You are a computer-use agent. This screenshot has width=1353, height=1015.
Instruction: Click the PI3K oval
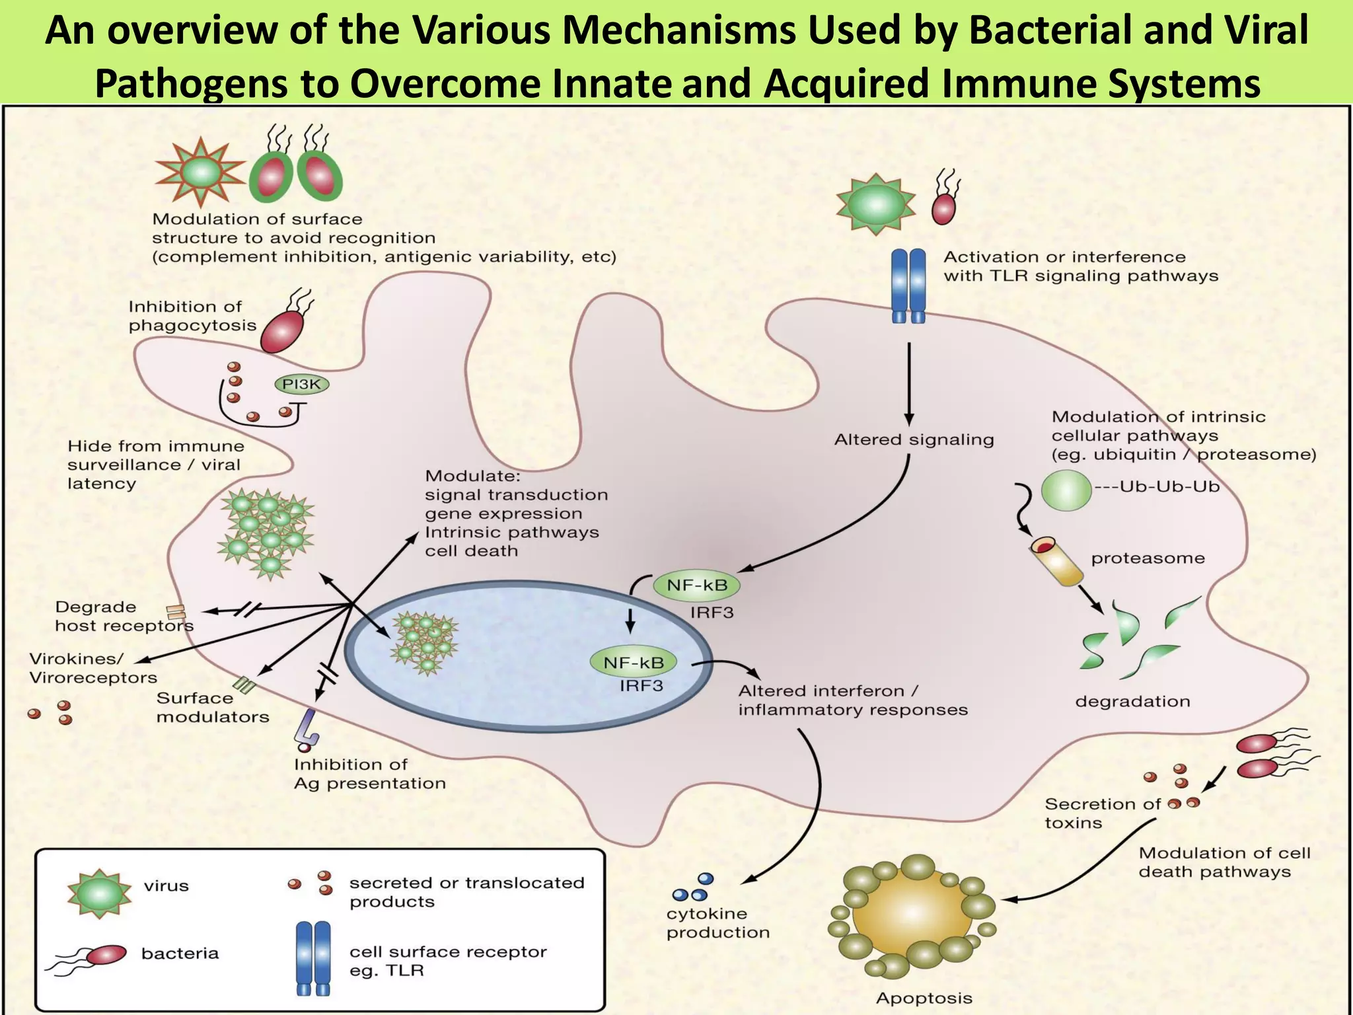(x=301, y=385)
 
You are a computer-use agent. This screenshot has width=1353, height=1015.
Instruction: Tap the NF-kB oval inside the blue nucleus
(x=634, y=662)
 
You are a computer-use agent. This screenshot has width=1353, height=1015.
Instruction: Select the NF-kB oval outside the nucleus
(x=696, y=585)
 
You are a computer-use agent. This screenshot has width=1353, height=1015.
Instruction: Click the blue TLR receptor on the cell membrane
(x=908, y=285)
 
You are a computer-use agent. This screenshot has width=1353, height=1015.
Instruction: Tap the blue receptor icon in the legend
(x=312, y=958)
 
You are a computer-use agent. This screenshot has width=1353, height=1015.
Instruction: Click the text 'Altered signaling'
(x=914, y=439)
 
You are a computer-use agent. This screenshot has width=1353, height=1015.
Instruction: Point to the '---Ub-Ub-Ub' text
(x=1156, y=487)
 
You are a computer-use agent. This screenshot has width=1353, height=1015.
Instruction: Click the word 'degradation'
(x=1132, y=701)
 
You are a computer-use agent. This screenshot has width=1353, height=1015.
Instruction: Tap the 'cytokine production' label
(x=717, y=922)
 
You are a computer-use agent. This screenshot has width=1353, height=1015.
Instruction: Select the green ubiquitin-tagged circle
(x=1066, y=491)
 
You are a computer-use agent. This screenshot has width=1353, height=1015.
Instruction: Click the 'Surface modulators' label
(x=212, y=707)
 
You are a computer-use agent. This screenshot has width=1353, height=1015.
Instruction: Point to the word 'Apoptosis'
(x=924, y=998)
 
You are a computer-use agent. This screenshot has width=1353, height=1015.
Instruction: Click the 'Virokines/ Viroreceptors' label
(x=92, y=668)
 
